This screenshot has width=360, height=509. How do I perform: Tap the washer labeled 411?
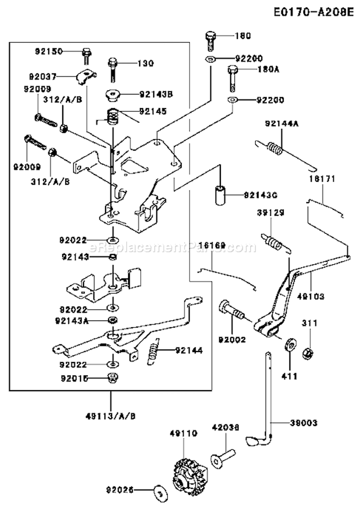point(290,346)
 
